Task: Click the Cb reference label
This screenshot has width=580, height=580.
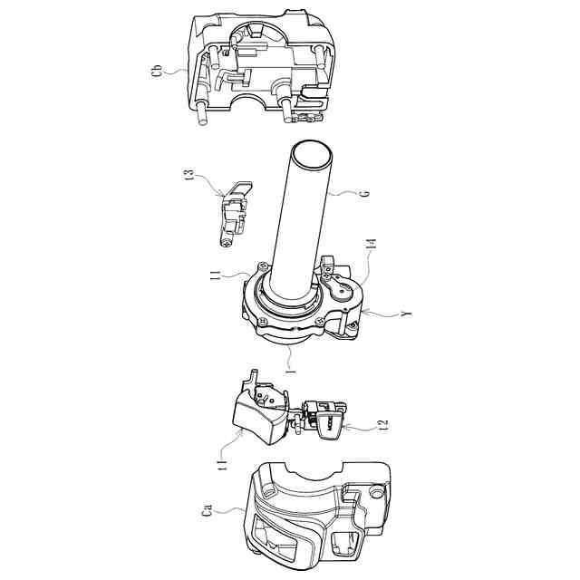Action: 158,72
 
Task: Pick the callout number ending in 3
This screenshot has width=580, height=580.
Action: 189,175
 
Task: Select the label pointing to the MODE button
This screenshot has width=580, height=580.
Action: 384,424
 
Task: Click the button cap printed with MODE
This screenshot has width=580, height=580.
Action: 330,425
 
